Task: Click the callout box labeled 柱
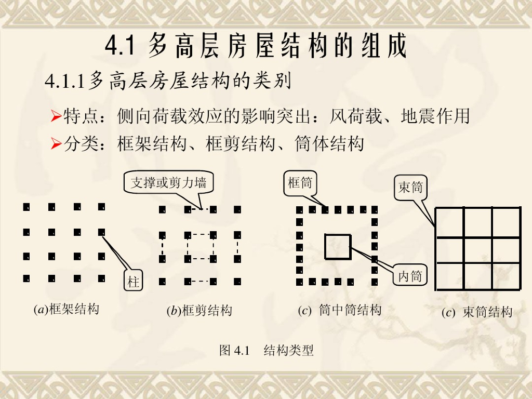coord(134,280)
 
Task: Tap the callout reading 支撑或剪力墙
coord(169,182)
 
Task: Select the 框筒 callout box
coord(300,183)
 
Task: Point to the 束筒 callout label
coord(410,187)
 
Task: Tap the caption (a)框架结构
coord(66,310)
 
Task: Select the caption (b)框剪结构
coord(199,311)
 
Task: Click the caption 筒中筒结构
coord(350,310)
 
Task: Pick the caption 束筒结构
coord(487,312)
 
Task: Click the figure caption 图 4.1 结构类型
coord(267,350)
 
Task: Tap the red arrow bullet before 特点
coord(56,116)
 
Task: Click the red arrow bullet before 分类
coord(56,143)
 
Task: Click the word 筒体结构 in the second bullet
coord(329,143)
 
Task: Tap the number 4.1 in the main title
coord(120,46)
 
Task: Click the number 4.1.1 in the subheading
coord(64,81)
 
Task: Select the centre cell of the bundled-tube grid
coord(478,250)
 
